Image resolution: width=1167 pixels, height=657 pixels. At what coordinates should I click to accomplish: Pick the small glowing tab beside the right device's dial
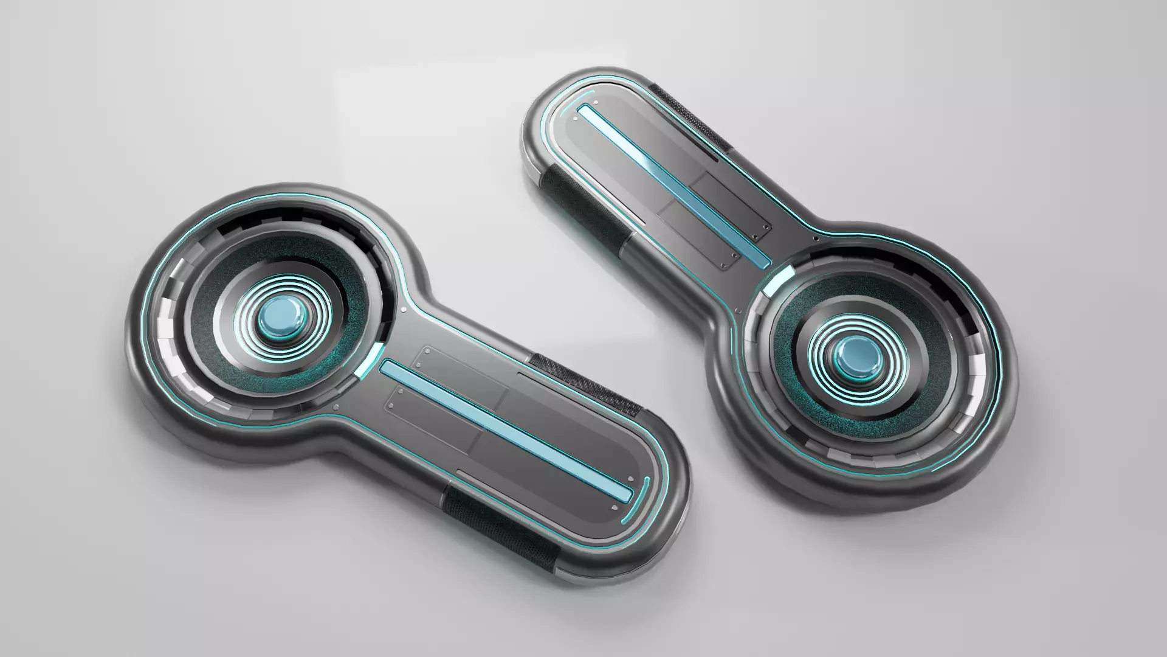779,280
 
